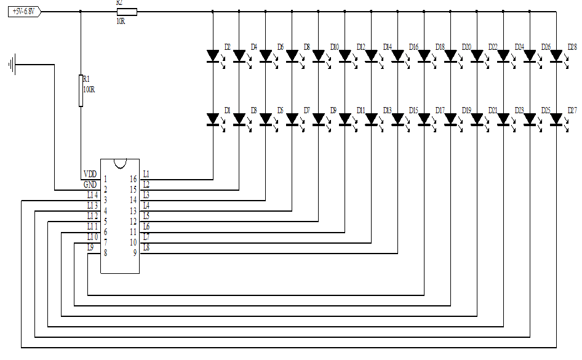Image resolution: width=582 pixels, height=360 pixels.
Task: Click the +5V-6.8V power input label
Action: click(24, 11)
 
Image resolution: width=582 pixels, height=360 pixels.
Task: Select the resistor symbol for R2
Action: click(127, 11)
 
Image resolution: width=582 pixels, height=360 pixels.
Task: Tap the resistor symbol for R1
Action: click(81, 90)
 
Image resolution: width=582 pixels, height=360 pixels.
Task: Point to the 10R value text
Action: click(121, 21)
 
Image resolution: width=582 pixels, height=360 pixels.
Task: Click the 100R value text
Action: click(89, 89)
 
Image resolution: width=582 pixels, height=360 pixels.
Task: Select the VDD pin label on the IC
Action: click(90, 174)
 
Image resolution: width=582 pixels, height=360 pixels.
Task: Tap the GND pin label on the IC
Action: click(90, 185)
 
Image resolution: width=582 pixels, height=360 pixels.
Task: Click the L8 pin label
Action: click(146, 247)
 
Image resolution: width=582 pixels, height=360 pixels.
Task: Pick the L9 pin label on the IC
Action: click(90, 247)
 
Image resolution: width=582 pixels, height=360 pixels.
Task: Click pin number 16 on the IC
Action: click(133, 179)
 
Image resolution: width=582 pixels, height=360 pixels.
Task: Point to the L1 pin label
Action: click(146, 174)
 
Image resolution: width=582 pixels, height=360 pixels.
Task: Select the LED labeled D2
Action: click(213, 56)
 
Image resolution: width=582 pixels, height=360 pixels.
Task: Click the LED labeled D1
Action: click(213, 118)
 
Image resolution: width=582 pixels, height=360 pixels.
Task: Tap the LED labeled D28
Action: click(557, 56)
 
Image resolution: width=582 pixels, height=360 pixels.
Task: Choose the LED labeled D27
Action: click(557, 118)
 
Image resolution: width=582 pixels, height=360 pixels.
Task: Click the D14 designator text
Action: click(388, 47)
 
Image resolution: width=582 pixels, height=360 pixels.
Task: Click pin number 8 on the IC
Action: click(106, 252)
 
